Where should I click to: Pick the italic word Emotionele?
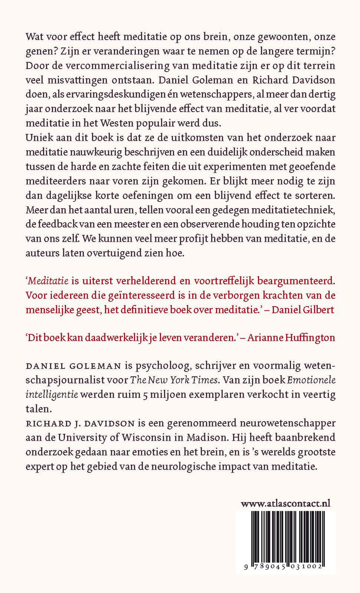tap(311, 380)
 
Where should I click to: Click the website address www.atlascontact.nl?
tap(285, 503)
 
